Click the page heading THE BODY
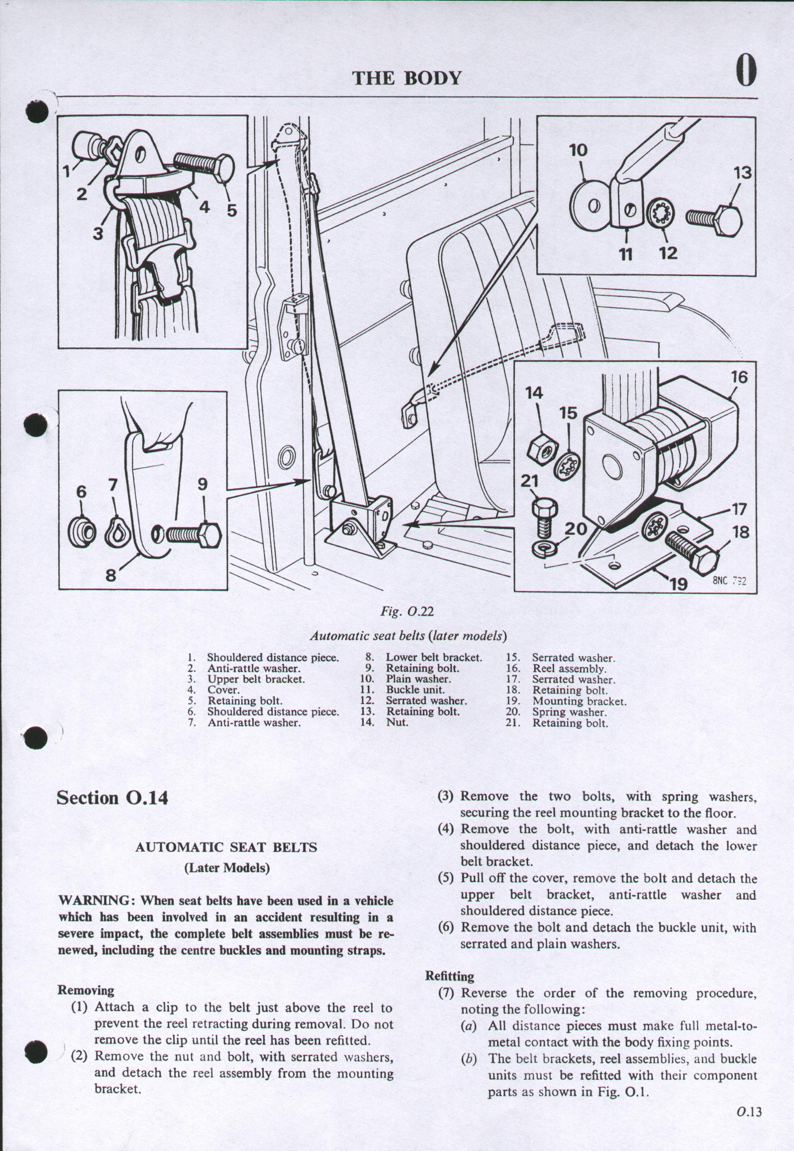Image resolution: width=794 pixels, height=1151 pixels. click(407, 78)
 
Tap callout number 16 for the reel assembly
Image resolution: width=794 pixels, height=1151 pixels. click(739, 377)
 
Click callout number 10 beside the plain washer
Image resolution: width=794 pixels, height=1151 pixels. click(578, 151)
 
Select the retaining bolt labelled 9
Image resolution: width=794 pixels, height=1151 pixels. click(192, 534)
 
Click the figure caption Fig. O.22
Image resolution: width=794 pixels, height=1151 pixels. click(407, 611)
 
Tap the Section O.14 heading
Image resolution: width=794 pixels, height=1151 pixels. click(112, 798)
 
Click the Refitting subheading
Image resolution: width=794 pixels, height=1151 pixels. click(449, 976)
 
